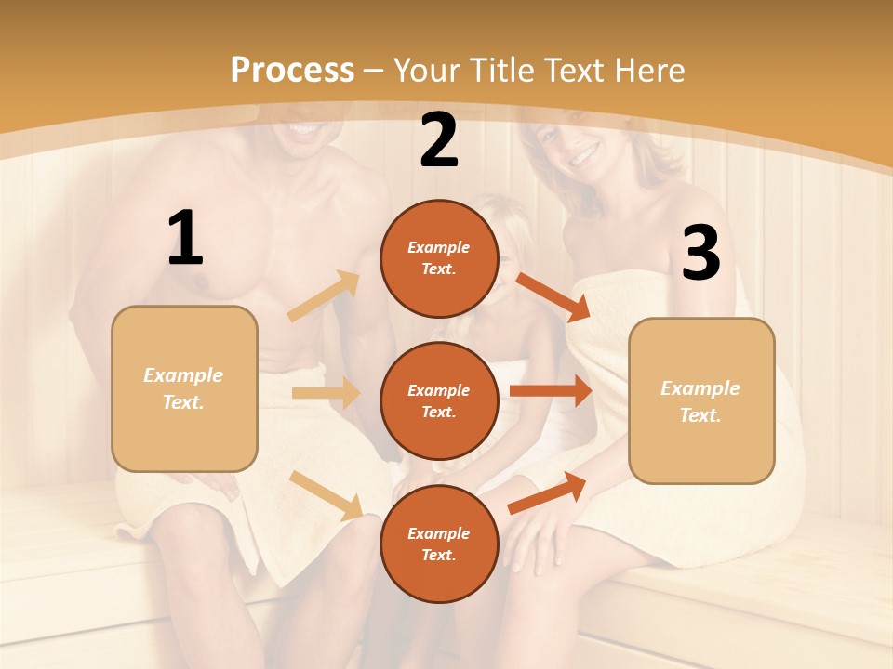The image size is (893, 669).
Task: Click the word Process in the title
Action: coord(292,71)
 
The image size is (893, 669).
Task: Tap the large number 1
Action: coord(185,239)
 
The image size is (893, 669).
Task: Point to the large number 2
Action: coord(439,140)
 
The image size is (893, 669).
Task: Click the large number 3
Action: coord(701,253)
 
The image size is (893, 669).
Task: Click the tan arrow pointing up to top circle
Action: coord(324,296)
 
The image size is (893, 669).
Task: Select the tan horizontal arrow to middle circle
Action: coord(326,393)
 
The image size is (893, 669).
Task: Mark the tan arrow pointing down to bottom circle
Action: coord(327,495)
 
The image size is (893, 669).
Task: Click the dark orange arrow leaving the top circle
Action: coord(553,297)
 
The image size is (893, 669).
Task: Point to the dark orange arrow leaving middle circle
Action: coord(551,390)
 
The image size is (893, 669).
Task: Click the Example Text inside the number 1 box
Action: coord(183,388)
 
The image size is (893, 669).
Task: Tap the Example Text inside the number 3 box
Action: coord(700,401)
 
